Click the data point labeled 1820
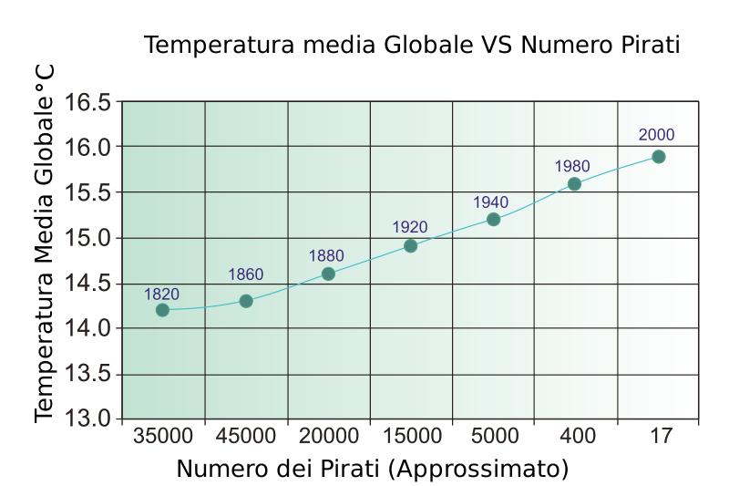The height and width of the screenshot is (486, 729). (x=162, y=310)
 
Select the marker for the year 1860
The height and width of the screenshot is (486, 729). (x=246, y=301)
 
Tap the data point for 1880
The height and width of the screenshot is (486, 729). (x=328, y=274)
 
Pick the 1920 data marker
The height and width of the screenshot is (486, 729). (x=410, y=245)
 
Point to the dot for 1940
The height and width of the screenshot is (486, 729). (x=493, y=219)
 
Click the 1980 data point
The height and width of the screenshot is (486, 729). (x=574, y=183)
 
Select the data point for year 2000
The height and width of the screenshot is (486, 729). (x=658, y=157)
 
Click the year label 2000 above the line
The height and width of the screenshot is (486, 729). (x=656, y=135)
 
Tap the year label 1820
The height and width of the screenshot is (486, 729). (x=162, y=294)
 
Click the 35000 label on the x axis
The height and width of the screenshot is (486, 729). (x=162, y=438)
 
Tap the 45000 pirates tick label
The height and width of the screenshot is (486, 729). (x=246, y=438)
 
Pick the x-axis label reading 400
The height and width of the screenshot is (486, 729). (x=575, y=438)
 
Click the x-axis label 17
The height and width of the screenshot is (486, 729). (x=658, y=438)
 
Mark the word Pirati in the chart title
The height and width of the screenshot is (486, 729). (x=648, y=46)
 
